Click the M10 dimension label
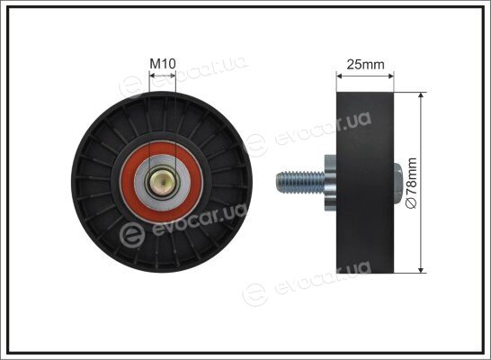(163, 64)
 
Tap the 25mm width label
(365, 65)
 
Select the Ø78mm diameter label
(411, 183)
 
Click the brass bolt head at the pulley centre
(163, 184)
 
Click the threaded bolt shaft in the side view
(300, 183)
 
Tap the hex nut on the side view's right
(397, 183)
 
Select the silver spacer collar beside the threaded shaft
(330, 183)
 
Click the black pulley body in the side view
(365, 183)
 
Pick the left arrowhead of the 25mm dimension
(339, 76)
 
